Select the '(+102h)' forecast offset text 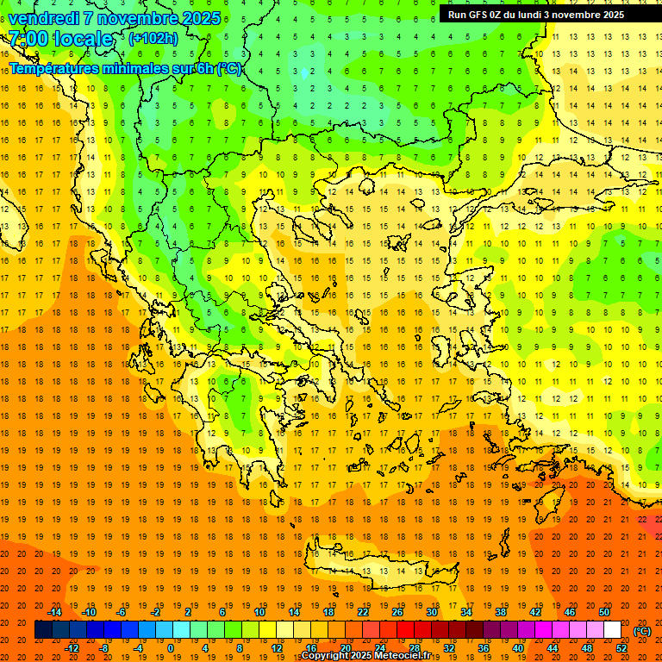pos(153,38)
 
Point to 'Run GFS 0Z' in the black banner pos(479,15)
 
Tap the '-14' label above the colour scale pos(54,612)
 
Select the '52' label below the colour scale pos(621,648)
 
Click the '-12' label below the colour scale pos(72,648)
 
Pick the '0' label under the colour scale pos(170,648)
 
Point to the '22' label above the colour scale pos(363,612)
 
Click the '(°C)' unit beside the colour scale pos(642,631)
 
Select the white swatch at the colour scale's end pos(612,630)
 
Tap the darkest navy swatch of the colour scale pos(43,630)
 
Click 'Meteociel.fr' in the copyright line pos(402,656)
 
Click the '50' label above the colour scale pos(604,612)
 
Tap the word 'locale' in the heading pos(83,39)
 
